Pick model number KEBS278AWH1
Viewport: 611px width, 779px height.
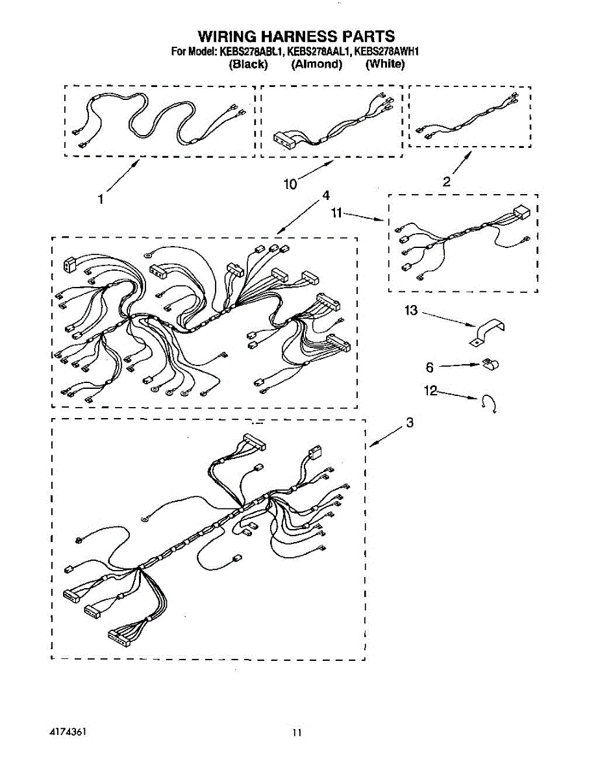tap(386, 52)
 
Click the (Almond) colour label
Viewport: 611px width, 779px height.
tap(316, 64)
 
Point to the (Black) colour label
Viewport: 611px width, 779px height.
tap(248, 64)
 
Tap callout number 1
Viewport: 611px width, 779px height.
tap(101, 199)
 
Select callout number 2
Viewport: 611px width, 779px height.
tap(447, 181)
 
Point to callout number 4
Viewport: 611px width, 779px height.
tap(325, 195)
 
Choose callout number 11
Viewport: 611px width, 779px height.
tap(337, 213)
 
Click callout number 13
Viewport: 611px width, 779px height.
tap(411, 310)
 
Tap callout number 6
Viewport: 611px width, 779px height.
tap(430, 367)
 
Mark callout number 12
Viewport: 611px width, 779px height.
tap(430, 390)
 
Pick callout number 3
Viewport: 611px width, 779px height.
tap(410, 423)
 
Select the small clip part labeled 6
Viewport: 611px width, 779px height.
tap(490, 364)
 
